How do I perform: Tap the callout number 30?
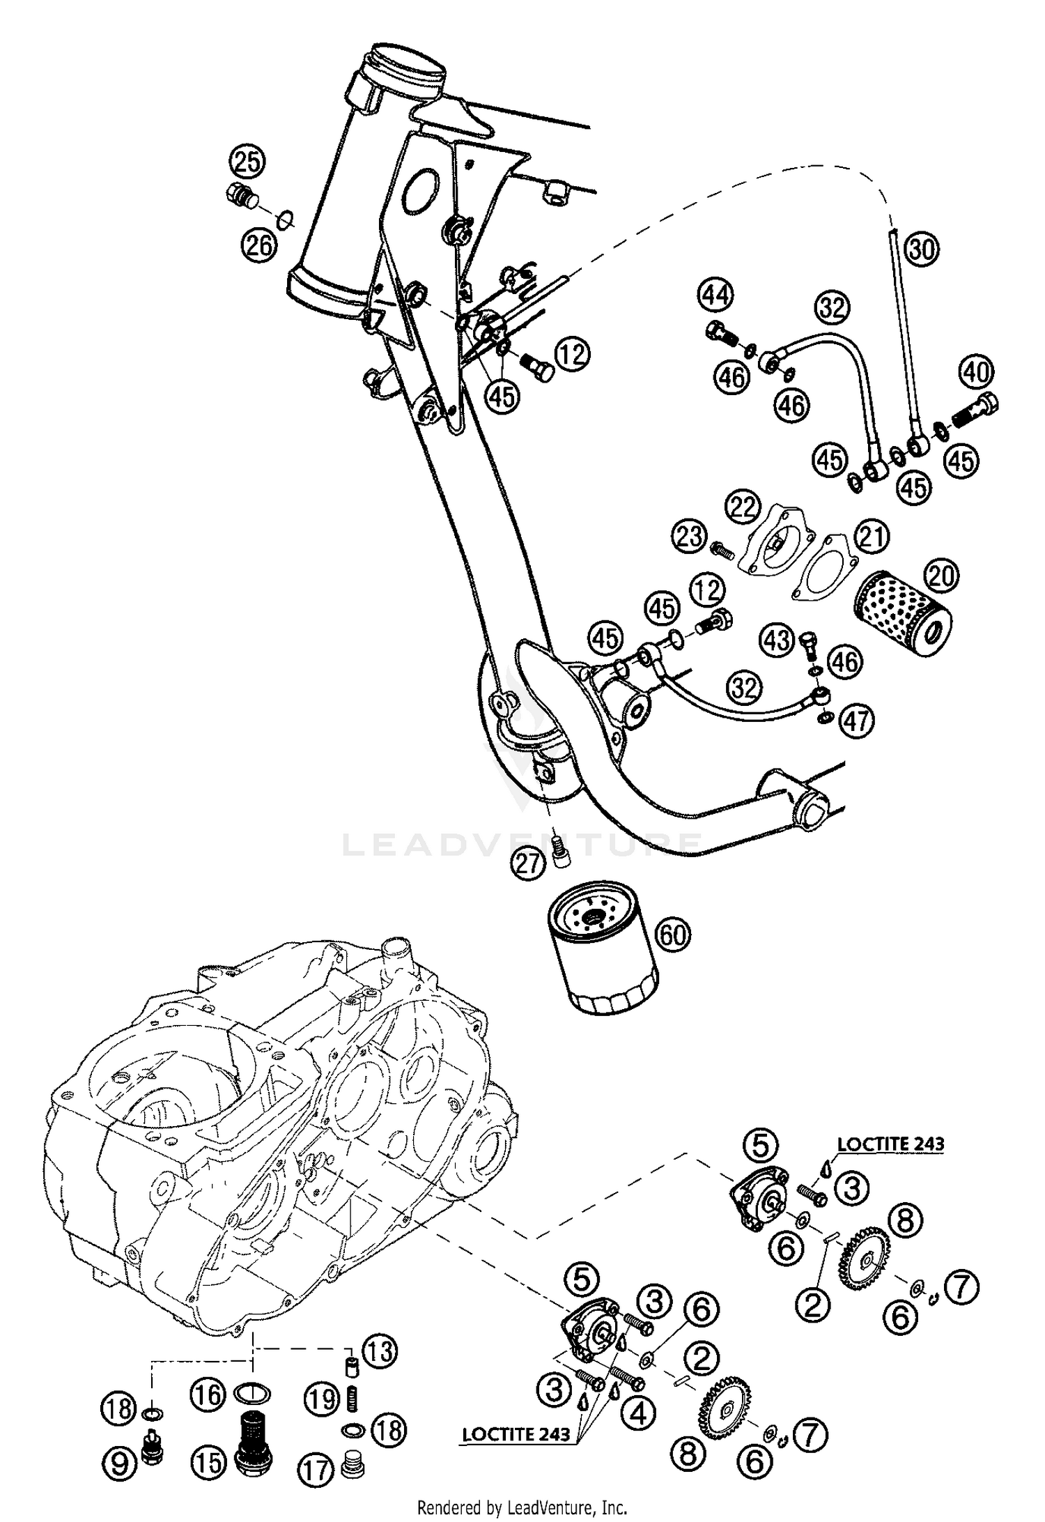[922, 249]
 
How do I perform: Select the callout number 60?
[672, 935]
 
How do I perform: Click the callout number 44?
[717, 295]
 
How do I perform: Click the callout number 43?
[776, 639]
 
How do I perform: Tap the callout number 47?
[857, 721]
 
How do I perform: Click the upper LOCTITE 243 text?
[890, 1144]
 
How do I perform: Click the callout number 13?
[379, 1351]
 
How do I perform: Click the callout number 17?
[316, 1471]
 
